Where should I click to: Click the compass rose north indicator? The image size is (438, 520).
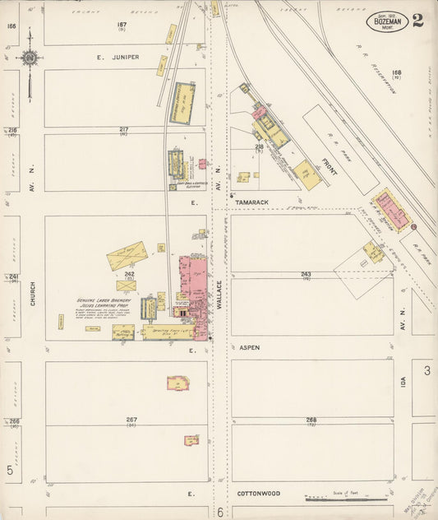(x=30, y=58)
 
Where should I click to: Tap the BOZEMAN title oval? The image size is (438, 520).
(x=386, y=22)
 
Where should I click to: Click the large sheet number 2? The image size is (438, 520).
(x=418, y=21)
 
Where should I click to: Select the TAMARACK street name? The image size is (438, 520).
(x=252, y=202)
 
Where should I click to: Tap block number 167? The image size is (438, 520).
(x=122, y=26)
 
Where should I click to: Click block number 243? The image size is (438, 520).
(x=306, y=274)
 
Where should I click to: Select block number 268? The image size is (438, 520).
(x=311, y=420)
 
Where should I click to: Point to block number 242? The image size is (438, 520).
(x=129, y=274)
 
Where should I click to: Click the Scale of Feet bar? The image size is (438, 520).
(x=345, y=499)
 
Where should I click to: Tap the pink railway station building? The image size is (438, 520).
(x=391, y=211)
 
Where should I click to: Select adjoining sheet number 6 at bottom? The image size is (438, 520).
(x=220, y=512)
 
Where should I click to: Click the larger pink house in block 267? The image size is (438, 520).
(x=178, y=383)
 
